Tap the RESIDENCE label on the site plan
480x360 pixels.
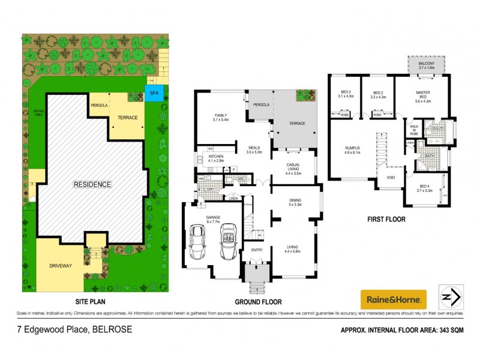pyautogui.click(x=92, y=184)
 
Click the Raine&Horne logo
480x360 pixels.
pyautogui.click(x=393, y=298)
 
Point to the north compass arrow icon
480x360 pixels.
pyautogui.click(x=451, y=296)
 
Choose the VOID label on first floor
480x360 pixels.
pyautogui.click(x=391, y=178)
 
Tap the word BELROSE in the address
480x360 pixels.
pyautogui.click(x=112, y=329)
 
